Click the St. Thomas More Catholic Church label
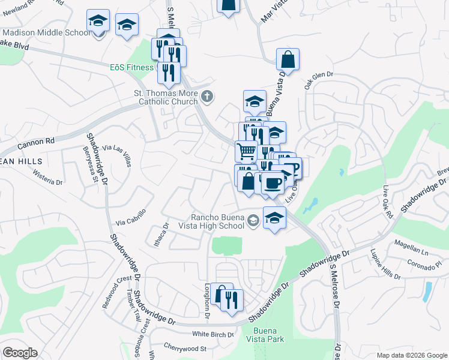[166, 97]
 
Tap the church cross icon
[206, 96]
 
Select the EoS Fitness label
[131, 67]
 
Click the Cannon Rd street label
[36, 143]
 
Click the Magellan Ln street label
[410, 244]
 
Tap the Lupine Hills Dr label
[385, 264]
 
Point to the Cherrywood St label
[187, 349]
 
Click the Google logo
[20, 353]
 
